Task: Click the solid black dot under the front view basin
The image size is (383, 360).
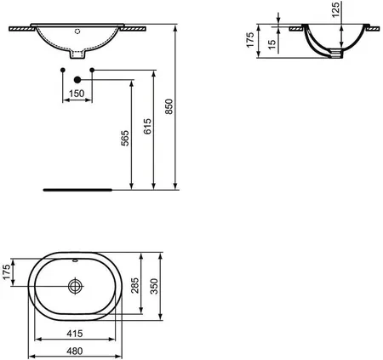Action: (x=78, y=80)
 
